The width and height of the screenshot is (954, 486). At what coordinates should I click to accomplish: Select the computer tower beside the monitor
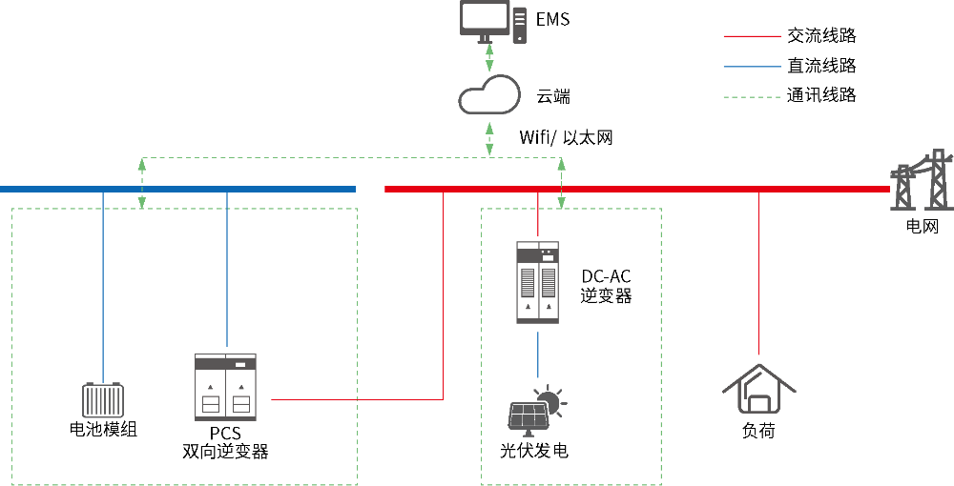pos(519,25)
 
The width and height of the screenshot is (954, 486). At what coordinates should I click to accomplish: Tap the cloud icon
pos(489,95)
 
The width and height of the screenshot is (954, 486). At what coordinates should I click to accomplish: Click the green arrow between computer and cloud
pos(489,57)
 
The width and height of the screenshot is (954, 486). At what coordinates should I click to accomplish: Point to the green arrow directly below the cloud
pos(489,138)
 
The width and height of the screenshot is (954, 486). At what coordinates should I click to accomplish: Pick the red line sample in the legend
pos(752,36)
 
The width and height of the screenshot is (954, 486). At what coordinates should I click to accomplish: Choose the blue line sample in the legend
pos(752,67)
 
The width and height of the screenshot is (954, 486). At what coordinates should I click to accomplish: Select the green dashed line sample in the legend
pos(752,97)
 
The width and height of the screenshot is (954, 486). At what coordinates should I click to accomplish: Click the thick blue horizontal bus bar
pos(177,189)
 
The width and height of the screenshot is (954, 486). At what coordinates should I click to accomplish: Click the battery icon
pos(103,400)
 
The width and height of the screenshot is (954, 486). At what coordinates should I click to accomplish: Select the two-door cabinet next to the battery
pos(225,386)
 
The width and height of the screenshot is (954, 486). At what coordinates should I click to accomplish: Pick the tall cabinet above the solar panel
pos(537,282)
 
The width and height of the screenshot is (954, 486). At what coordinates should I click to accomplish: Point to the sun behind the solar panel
pos(549,400)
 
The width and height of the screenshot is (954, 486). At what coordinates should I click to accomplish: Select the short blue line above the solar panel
pos(537,354)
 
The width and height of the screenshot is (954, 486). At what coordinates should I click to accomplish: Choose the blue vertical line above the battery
pos(103,286)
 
